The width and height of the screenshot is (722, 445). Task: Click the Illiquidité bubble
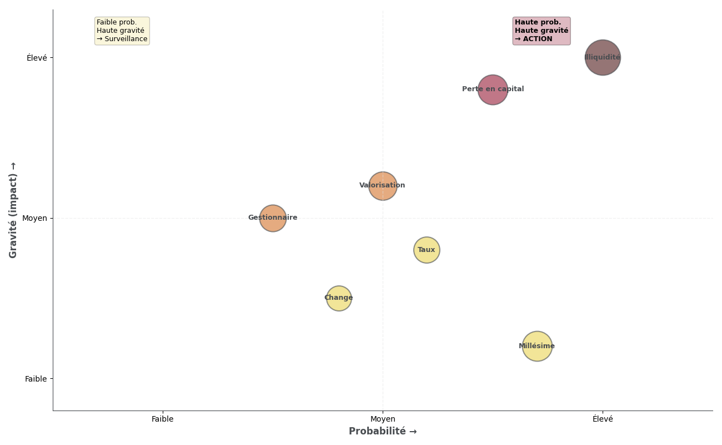[603, 57]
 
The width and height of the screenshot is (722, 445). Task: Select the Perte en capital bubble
[493, 90]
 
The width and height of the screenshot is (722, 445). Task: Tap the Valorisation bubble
[383, 186]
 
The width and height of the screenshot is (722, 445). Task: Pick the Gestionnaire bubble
[273, 218]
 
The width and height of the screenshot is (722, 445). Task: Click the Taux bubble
[427, 250]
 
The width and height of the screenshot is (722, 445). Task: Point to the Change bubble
[339, 298]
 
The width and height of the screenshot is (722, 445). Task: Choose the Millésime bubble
[537, 346]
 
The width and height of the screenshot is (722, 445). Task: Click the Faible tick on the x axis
[163, 419]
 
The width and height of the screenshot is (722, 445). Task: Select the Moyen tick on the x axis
[383, 419]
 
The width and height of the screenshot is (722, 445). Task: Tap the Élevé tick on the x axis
[603, 419]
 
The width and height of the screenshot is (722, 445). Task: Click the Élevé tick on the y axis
[37, 58]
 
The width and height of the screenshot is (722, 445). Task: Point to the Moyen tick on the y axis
[34, 218]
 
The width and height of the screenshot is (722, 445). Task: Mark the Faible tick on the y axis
[36, 379]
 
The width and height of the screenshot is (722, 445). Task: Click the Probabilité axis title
[383, 432]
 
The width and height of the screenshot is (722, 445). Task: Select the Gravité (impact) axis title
[13, 210]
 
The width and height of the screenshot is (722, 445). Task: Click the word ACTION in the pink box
[538, 39]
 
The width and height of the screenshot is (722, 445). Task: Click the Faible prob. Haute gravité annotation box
[122, 31]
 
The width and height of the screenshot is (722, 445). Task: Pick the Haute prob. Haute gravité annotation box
[541, 31]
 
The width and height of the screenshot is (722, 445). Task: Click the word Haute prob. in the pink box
[538, 23]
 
